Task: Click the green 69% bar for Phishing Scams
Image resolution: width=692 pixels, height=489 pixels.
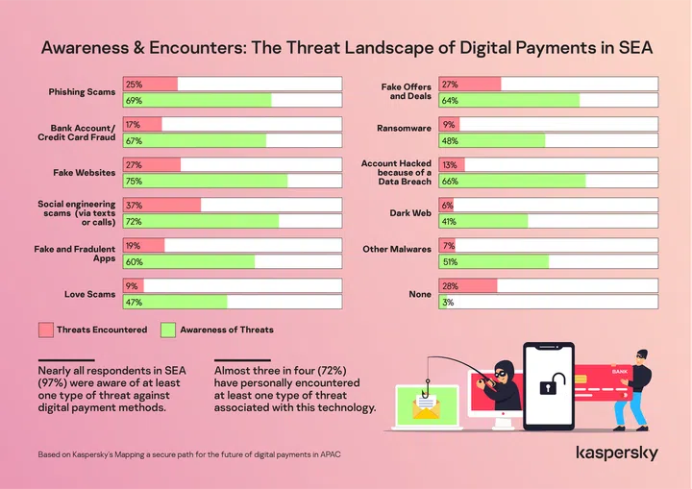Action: pyautogui.click(x=197, y=100)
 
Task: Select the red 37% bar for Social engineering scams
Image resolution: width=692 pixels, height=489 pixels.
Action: pyautogui.click(x=162, y=205)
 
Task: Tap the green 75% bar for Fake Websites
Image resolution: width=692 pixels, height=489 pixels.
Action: pyautogui.click(x=206, y=181)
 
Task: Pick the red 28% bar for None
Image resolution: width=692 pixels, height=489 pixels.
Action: pyautogui.click(x=468, y=286)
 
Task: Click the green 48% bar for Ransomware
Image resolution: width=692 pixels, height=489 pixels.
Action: pyautogui.click(x=491, y=140)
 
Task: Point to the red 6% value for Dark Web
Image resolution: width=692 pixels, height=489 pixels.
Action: pyautogui.click(x=447, y=206)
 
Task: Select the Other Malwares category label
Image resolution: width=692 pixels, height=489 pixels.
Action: pyautogui.click(x=397, y=249)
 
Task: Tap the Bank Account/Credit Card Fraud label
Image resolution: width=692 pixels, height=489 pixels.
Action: pyautogui.click(x=83, y=133)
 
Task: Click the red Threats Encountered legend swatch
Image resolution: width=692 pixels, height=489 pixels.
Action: pyautogui.click(x=45, y=330)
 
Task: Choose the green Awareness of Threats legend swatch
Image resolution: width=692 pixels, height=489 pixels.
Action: pyautogui.click(x=168, y=330)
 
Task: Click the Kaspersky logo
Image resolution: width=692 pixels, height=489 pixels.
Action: pyautogui.click(x=616, y=452)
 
